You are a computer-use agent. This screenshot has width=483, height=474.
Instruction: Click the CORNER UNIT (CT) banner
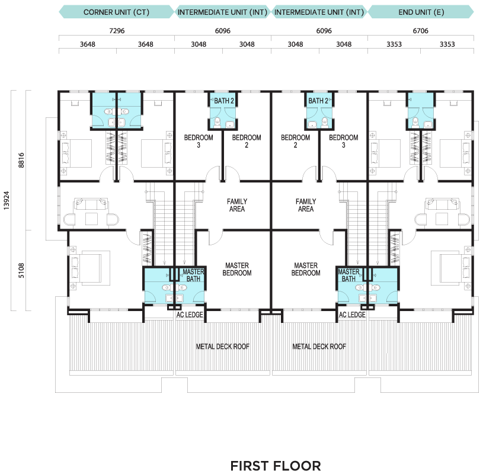coord(116,12)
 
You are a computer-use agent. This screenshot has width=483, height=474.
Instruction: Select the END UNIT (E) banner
coord(421,12)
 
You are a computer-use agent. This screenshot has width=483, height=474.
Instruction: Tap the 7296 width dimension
coord(117,31)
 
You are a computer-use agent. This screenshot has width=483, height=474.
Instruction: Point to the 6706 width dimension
coord(420,31)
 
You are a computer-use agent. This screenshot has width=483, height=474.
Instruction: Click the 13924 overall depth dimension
coord(7,201)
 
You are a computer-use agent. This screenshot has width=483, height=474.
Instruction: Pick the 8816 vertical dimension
coord(21,160)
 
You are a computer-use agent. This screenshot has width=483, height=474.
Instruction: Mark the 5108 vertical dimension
coord(21,270)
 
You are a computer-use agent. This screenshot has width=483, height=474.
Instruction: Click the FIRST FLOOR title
coord(276,466)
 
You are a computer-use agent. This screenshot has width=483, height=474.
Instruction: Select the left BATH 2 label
coord(224,101)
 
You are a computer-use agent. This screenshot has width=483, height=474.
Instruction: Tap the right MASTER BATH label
coord(348,276)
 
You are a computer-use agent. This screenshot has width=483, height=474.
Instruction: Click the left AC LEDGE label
coord(190,315)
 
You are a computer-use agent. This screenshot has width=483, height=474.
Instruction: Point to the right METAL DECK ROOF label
coord(319,347)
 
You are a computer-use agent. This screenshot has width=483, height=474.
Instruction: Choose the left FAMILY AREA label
coord(237,205)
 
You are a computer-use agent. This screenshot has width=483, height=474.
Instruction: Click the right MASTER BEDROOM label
coord(306,269)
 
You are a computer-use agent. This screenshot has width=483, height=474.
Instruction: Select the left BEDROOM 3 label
coord(199,141)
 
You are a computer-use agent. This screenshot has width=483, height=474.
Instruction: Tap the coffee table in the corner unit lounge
coord(91,219)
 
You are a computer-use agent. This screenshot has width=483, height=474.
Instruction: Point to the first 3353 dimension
coord(394,44)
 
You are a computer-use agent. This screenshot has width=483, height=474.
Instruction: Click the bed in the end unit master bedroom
coord(450,268)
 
